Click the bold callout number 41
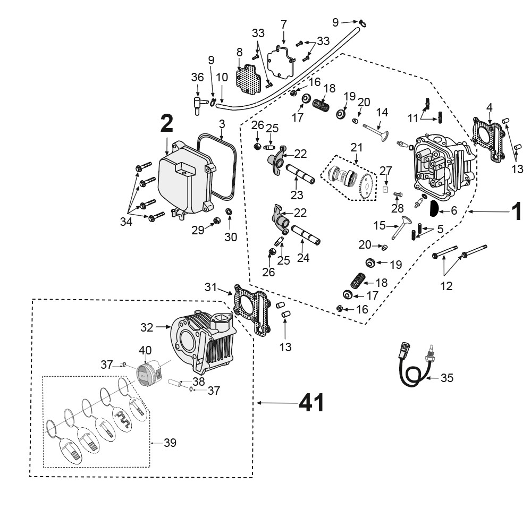point(311,403)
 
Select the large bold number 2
point(166,124)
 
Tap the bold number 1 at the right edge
point(517,211)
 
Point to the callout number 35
point(446,378)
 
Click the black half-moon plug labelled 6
point(434,208)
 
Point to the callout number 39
point(170,442)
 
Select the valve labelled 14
point(376,132)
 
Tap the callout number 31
point(210,287)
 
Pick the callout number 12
point(446,286)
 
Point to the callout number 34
point(126,222)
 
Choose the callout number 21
point(357,148)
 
